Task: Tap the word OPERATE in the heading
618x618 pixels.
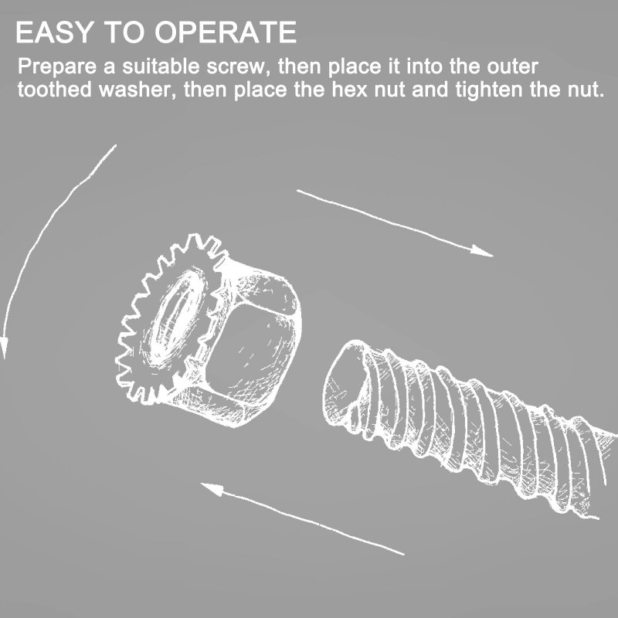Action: (x=226, y=32)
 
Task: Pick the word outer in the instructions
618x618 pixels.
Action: (x=512, y=66)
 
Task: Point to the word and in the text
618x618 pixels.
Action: (x=430, y=90)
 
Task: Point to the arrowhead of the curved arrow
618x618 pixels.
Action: (x=4, y=347)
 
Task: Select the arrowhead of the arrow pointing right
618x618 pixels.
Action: (x=480, y=251)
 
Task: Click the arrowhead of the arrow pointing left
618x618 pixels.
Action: (x=212, y=489)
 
